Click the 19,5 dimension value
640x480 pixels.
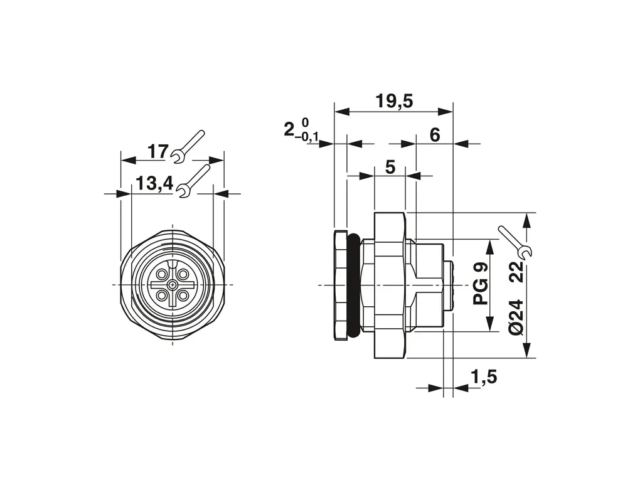point(394,101)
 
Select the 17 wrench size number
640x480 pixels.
point(157,152)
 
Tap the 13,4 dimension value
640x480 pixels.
point(154,184)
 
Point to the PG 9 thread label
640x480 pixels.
point(481,284)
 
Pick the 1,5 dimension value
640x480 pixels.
point(484,377)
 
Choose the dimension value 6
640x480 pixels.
point(435,135)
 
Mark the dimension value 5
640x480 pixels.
point(390,167)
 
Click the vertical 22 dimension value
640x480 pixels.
point(517,272)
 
